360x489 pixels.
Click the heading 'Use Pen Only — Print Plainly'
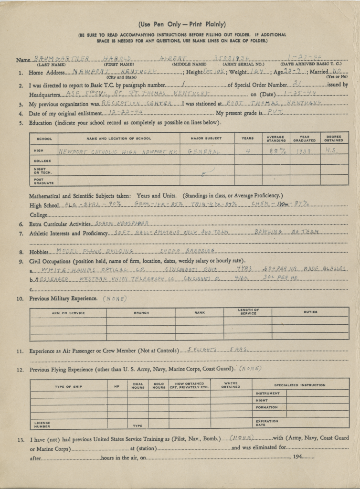182,24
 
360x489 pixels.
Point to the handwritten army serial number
233,58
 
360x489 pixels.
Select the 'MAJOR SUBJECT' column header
207,138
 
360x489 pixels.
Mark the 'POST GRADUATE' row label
43,181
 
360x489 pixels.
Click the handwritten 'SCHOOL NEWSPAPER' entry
122,223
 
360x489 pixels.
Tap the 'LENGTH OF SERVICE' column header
248,312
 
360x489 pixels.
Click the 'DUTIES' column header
310,312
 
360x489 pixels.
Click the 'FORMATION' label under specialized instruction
266,407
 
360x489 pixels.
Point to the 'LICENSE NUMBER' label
42,424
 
